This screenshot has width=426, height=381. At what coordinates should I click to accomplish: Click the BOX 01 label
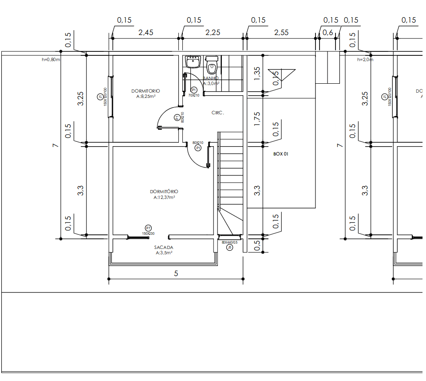tap(280, 154)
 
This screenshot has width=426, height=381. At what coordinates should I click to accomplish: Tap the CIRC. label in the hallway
tap(218, 113)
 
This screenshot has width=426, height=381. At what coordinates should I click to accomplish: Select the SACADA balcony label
tap(164, 247)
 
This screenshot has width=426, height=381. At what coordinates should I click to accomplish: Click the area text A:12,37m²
tap(164, 197)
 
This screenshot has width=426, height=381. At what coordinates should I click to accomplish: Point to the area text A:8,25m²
tap(146, 96)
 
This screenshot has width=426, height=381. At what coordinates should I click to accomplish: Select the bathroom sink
tap(193, 62)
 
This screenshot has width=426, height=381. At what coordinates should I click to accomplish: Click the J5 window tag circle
tap(229, 248)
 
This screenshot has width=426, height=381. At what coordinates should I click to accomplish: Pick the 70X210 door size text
tap(194, 95)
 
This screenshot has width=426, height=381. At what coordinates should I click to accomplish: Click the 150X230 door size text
tap(148, 233)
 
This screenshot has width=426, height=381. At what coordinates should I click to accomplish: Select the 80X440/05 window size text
tap(229, 242)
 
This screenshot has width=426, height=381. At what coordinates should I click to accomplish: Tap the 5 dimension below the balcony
tap(176, 273)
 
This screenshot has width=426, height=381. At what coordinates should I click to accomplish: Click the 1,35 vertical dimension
tap(257, 74)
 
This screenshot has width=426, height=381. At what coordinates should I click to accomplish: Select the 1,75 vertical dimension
tap(257, 119)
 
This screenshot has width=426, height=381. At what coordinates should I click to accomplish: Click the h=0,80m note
tap(51, 59)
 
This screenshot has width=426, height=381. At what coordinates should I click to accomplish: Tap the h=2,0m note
tap(366, 59)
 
